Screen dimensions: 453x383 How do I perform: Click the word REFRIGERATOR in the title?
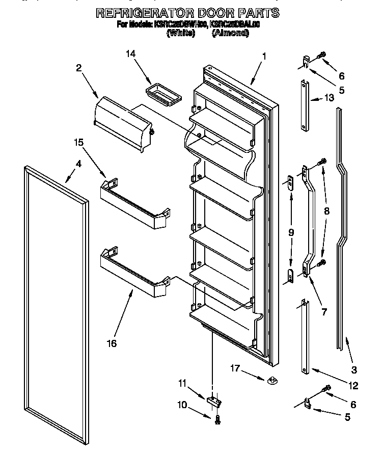tap(144, 13)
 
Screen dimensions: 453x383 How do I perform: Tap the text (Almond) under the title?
tap(230, 33)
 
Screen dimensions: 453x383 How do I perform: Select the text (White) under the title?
tap(181, 33)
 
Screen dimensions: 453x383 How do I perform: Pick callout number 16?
tap(112, 343)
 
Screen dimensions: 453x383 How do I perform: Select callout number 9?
tap(291, 232)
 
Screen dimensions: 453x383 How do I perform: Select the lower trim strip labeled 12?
tap(304, 339)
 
